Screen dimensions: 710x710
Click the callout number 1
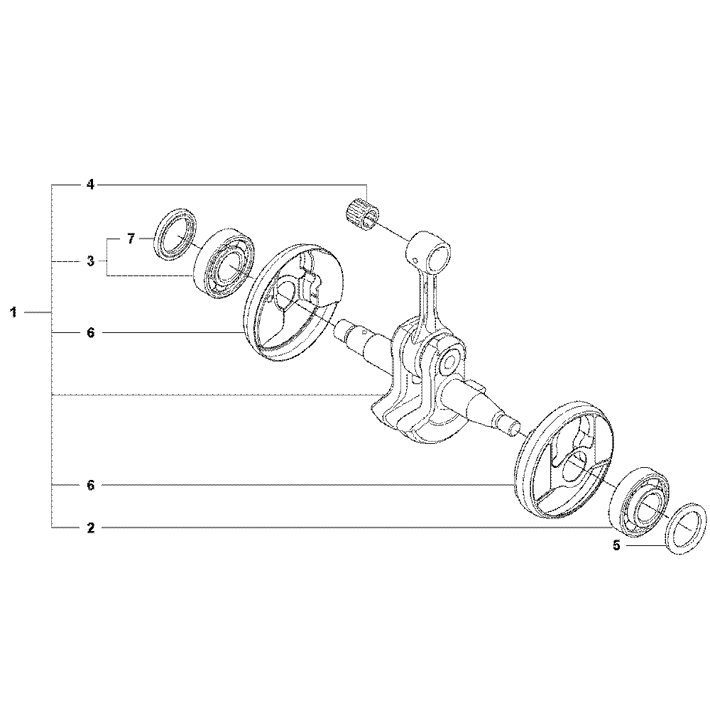tap(14, 312)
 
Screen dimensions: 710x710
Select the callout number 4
tap(91, 185)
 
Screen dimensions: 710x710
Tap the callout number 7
tap(131, 238)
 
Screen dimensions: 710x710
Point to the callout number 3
tap(91, 261)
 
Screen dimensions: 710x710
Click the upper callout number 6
tap(91, 333)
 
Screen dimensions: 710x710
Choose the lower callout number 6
tap(91, 486)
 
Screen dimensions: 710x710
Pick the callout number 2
tap(91, 528)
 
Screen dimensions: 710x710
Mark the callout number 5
tap(616, 545)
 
